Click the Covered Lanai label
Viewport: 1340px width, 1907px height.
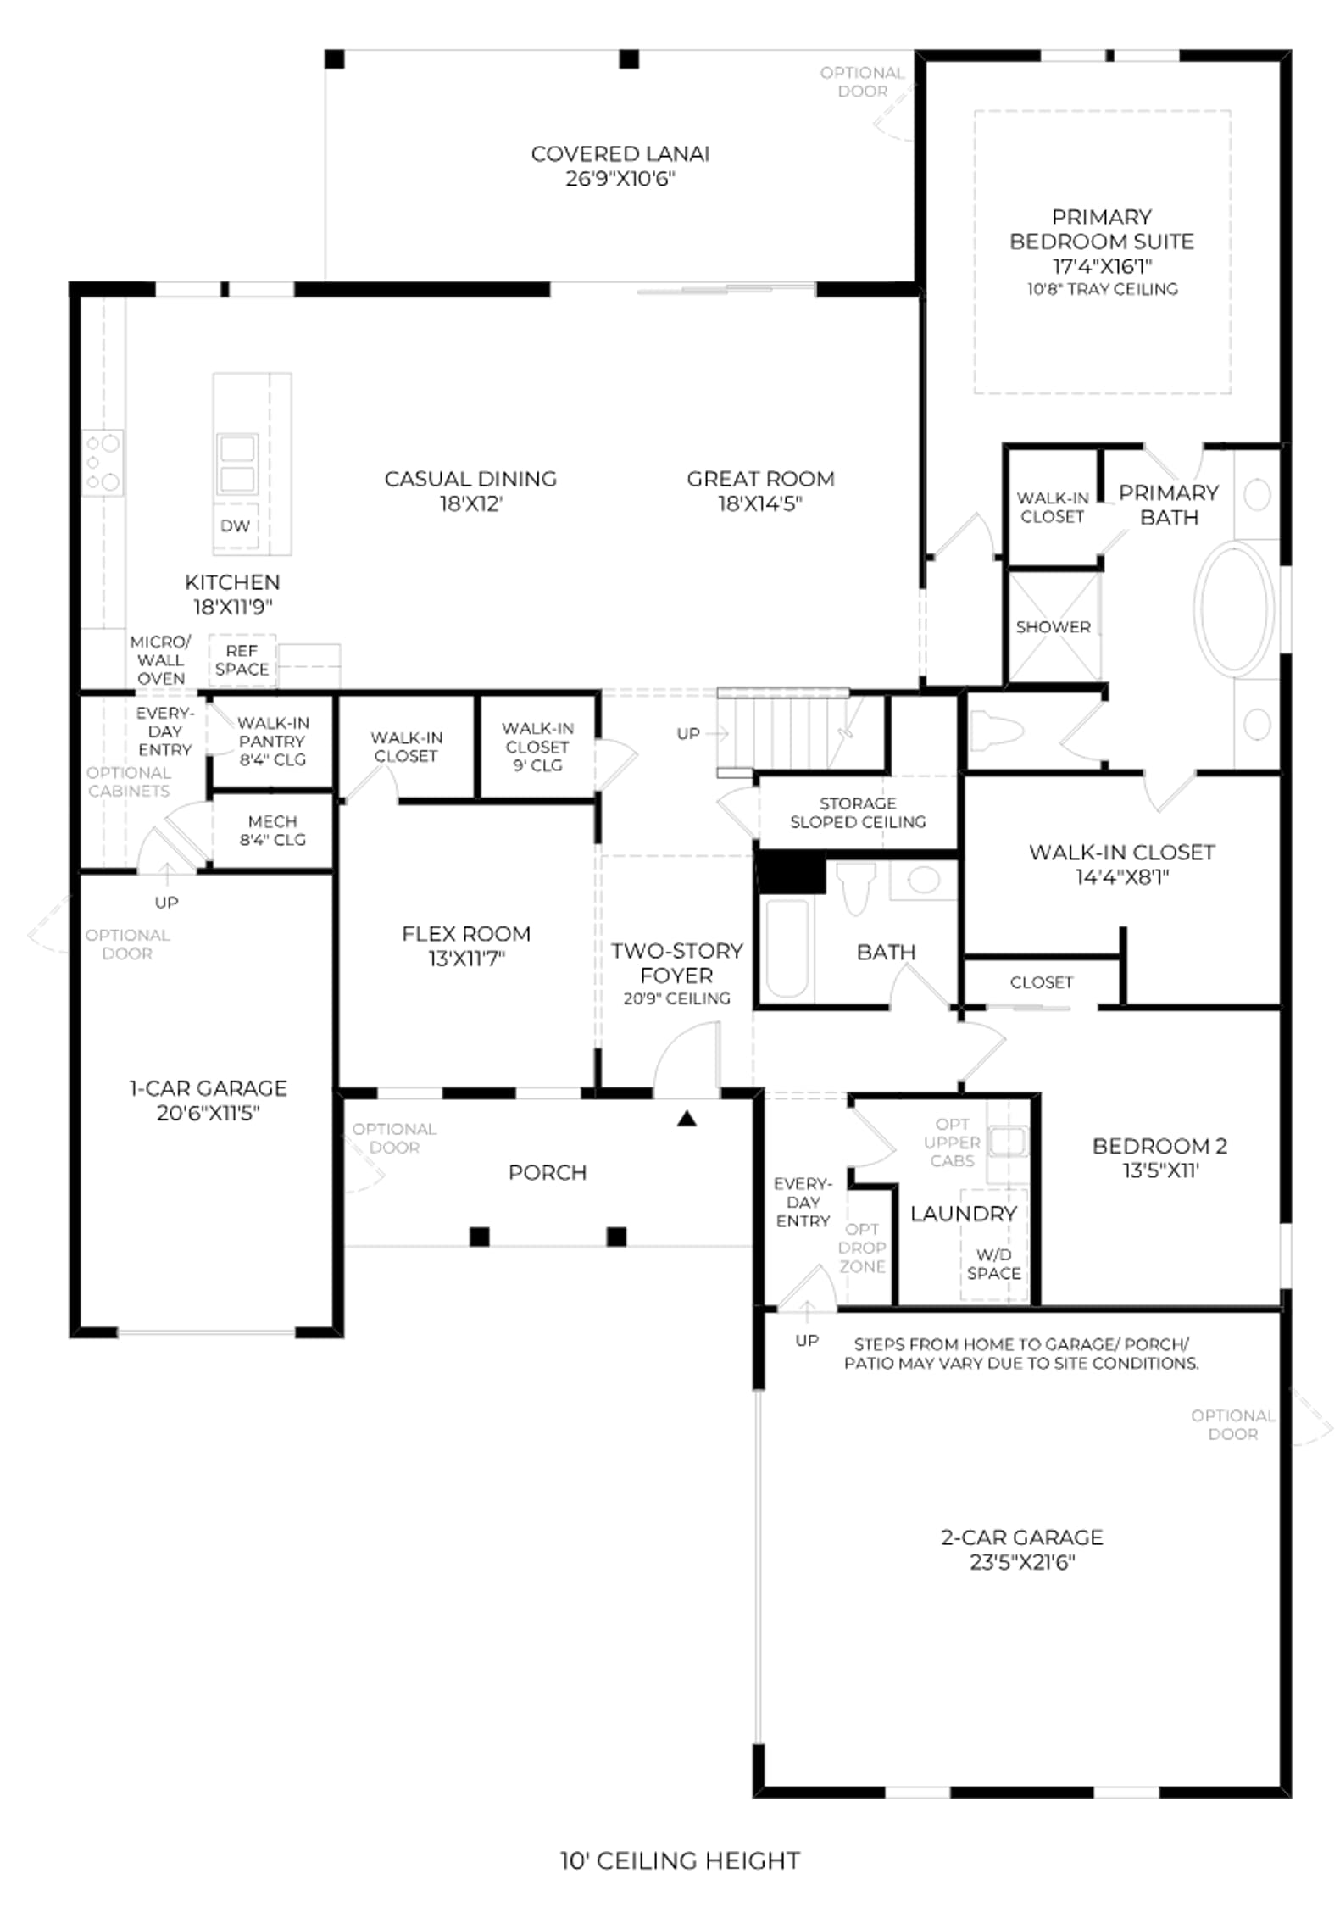pos(620,153)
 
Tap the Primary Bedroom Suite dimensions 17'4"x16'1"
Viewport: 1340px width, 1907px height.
pos(1102,266)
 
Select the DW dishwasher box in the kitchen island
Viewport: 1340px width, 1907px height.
pos(235,525)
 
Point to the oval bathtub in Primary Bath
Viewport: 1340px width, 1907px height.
pos(1234,609)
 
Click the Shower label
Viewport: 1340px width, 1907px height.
pos(1053,627)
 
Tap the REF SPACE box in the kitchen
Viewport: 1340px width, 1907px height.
pos(242,660)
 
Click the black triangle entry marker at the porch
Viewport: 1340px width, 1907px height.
pos(687,1120)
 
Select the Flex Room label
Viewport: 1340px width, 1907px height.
pos(466,934)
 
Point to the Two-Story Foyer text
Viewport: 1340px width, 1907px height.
pos(676,963)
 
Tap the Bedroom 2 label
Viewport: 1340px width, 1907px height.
pos(1159,1146)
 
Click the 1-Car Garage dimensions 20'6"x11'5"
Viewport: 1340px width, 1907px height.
pos(208,1113)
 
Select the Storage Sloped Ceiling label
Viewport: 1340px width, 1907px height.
pos(858,813)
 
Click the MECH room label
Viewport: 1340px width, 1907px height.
pos(272,822)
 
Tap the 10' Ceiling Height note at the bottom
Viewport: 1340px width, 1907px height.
pos(680,1860)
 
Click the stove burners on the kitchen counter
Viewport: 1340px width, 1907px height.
pos(103,463)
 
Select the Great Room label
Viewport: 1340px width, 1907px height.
pos(760,479)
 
